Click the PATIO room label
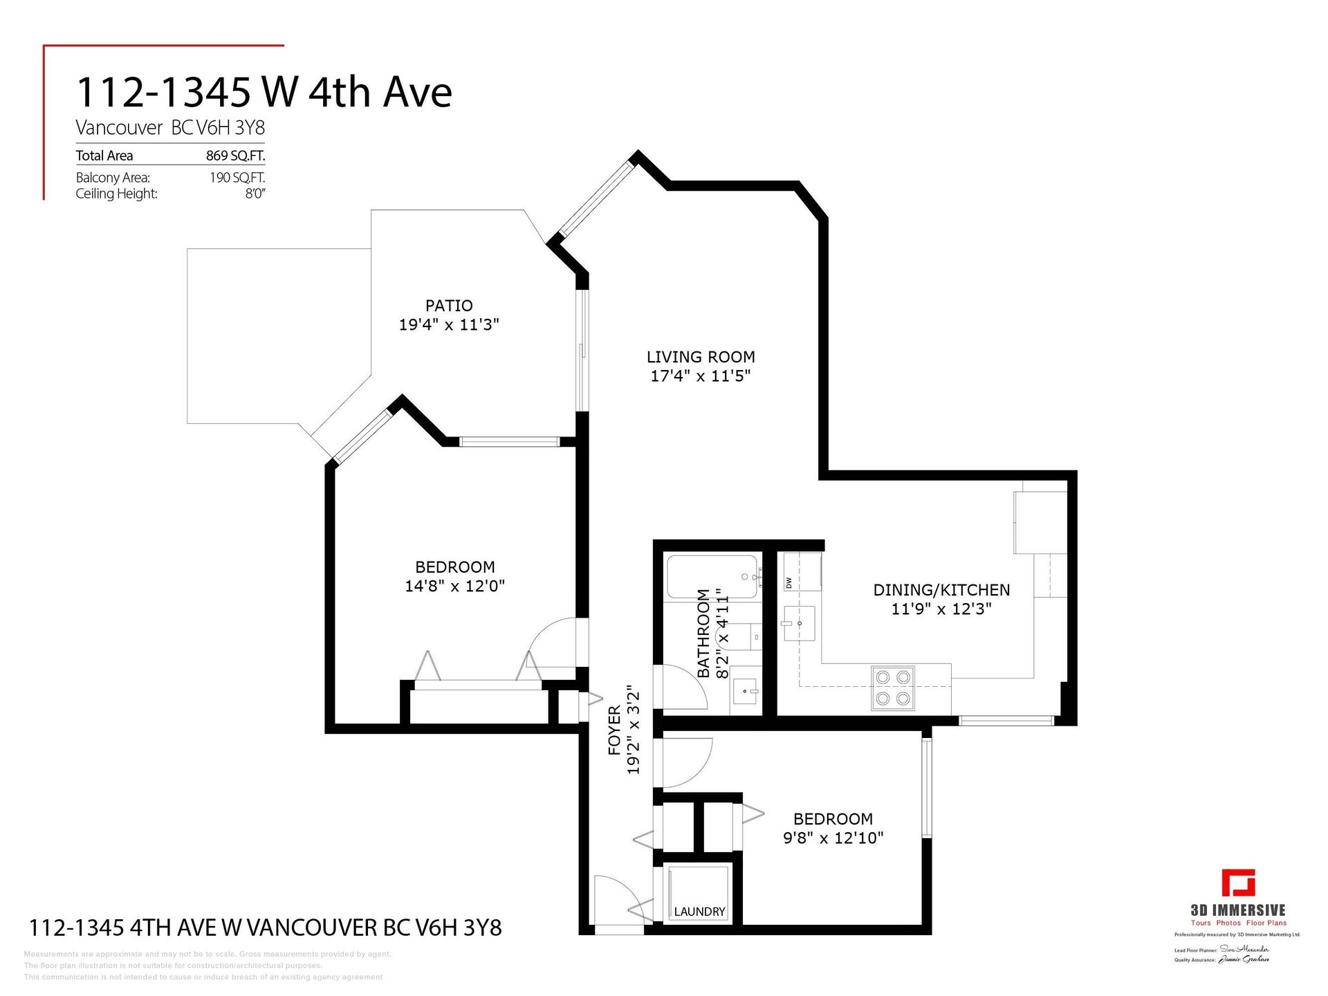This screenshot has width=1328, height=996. click(449, 306)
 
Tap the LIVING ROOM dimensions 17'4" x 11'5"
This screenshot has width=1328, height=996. click(700, 376)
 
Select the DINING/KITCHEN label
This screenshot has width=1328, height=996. click(941, 590)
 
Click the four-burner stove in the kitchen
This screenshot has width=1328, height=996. click(892, 688)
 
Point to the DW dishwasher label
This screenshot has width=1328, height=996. click(788, 582)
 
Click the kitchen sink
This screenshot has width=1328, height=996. click(800, 624)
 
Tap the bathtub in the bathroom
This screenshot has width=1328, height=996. click(712, 577)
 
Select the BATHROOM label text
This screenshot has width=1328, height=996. click(703, 633)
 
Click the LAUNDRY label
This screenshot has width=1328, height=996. click(699, 912)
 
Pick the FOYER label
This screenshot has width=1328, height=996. click(614, 740)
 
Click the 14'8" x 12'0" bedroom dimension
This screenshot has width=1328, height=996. click(454, 587)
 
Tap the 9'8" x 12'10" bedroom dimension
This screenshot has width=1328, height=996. click(833, 838)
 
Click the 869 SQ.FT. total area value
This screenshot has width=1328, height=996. click(235, 156)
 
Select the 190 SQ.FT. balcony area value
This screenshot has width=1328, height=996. click(237, 178)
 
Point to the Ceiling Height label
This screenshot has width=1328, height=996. click(116, 194)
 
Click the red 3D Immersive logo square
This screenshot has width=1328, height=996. click(1238, 883)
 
